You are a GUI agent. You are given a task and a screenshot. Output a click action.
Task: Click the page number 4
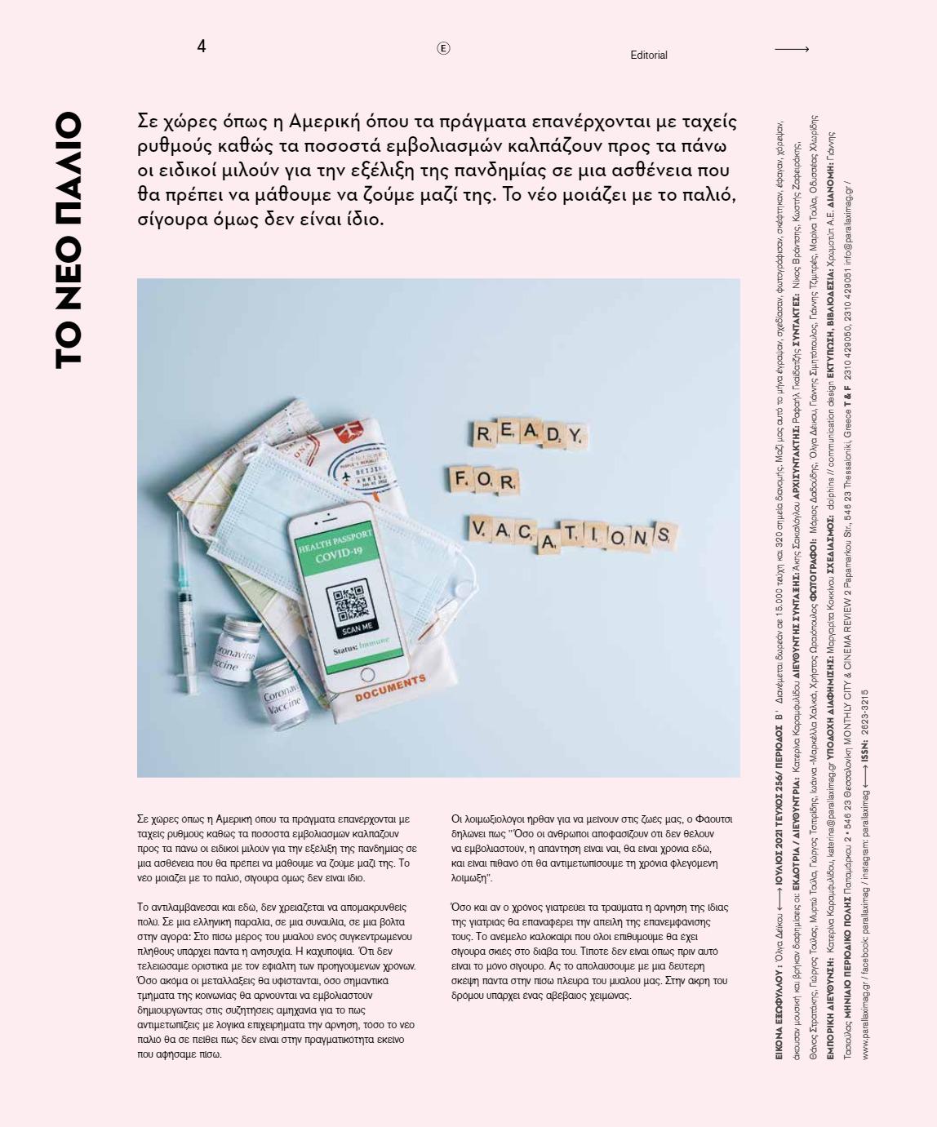pyautogui.click(x=201, y=47)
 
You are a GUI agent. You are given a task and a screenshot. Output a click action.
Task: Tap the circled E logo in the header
pyautogui.click(x=443, y=48)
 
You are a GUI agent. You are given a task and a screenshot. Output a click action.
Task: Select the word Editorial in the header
pyautogui.click(x=649, y=55)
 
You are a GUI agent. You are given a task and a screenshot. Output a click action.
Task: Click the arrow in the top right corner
pyautogui.click(x=791, y=49)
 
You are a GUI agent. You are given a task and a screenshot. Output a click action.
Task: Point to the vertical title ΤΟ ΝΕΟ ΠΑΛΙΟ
pyautogui.click(x=68, y=240)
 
